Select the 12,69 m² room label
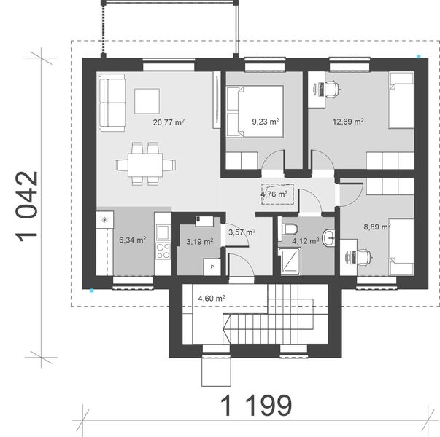[x=349, y=122]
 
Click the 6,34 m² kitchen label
[x=132, y=239]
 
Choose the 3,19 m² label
[x=199, y=241]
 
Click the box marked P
[x=212, y=267]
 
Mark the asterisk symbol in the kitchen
[x=105, y=219]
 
